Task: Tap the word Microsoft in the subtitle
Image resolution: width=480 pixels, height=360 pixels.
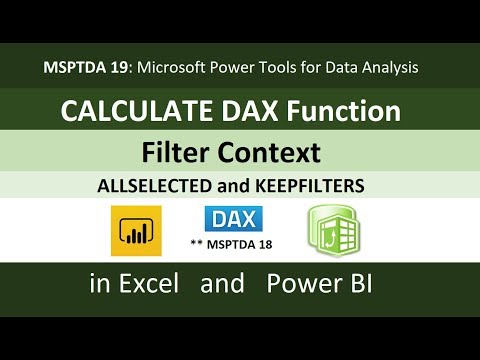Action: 170,67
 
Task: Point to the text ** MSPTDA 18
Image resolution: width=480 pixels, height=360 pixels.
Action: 232,243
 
